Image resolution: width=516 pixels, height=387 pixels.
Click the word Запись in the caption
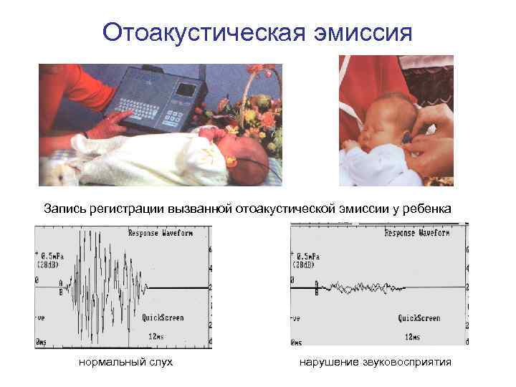[x=67, y=209]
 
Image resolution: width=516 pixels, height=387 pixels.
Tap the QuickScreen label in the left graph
[x=163, y=317]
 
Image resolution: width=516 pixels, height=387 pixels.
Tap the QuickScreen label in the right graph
[x=419, y=317]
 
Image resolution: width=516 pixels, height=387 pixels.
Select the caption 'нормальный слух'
[x=125, y=363]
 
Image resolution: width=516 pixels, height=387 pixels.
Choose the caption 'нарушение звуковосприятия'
[x=376, y=363]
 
